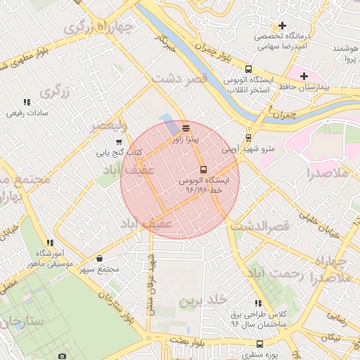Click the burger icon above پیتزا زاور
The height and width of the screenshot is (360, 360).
pyautogui.click(x=186, y=129)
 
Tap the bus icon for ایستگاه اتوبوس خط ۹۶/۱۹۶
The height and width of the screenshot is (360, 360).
pyautogui.click(x=203, y=169)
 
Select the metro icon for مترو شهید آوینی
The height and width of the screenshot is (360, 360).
pyautogui.click(x=247, y=138)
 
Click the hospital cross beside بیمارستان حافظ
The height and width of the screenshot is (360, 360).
pyautogui.click(x=304, y=76)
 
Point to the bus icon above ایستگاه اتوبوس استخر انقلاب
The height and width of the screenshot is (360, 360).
pyautogui.click(x=248, y=69)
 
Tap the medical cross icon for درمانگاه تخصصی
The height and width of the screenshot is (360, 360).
pyautogui.click(x=282, y=26)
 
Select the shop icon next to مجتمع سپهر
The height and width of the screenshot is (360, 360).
pyautogui.click(x=99, y=259)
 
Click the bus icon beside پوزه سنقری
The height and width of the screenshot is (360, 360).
pyautogui.click(x=259, y=345)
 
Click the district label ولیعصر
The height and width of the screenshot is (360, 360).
pyautogui.click(x=107, y=127)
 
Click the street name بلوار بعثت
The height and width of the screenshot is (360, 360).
pyautogui.click(x=190, y=340)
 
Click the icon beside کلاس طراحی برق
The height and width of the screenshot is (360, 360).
pyautogui.click(x=258, y=303)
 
